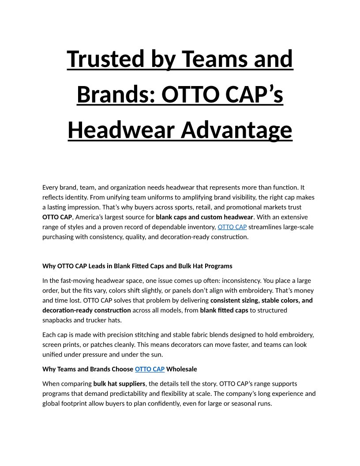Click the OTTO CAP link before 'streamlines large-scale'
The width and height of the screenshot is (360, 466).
coord(232,227)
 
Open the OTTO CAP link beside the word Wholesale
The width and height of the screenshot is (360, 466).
coord(150,369)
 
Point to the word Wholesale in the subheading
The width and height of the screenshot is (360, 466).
coord(182,369)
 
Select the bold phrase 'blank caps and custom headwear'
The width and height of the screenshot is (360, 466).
coord(204,217)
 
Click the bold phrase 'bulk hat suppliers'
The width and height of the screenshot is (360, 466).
coord(119,384)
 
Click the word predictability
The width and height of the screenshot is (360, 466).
coord(124,394)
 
